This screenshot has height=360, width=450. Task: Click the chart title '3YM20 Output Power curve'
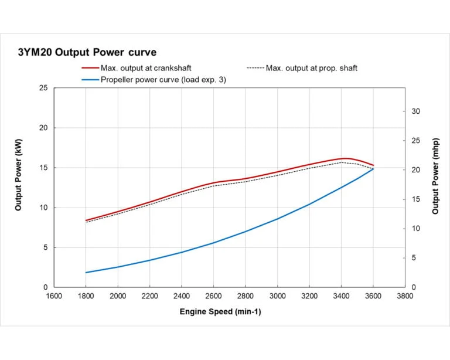[x=87, y=53]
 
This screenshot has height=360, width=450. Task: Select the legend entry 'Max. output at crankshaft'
[x=146, y=68]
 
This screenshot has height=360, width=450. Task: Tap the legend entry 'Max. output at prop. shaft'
[x=311, y=68]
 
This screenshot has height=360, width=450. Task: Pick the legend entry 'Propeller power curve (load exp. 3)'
[x=163, y=80]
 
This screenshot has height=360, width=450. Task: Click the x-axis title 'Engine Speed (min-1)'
[x=220, y=311]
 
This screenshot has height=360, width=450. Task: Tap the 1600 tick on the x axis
[x=54, y=296]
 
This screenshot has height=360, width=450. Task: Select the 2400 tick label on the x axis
[x=182, y=296]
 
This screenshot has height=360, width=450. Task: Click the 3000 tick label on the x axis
[x=277, y=296]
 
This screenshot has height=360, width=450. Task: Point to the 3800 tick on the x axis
[x=405, y=296]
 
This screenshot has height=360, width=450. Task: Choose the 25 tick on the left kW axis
[x=43, y=88]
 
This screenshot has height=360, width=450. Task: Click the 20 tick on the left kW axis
[x=43, y=128]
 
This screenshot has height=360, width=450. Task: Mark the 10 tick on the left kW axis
[x=43, y=208]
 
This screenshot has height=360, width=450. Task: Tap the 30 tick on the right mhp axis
[x=415, y=111]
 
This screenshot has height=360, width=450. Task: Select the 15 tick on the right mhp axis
[x=415, y=199]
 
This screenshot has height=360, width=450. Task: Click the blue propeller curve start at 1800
[x=86, y=272]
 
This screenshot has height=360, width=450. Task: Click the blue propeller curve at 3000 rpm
[x=277, y=219]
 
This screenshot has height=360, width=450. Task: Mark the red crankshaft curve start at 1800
[x=86, y=220]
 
